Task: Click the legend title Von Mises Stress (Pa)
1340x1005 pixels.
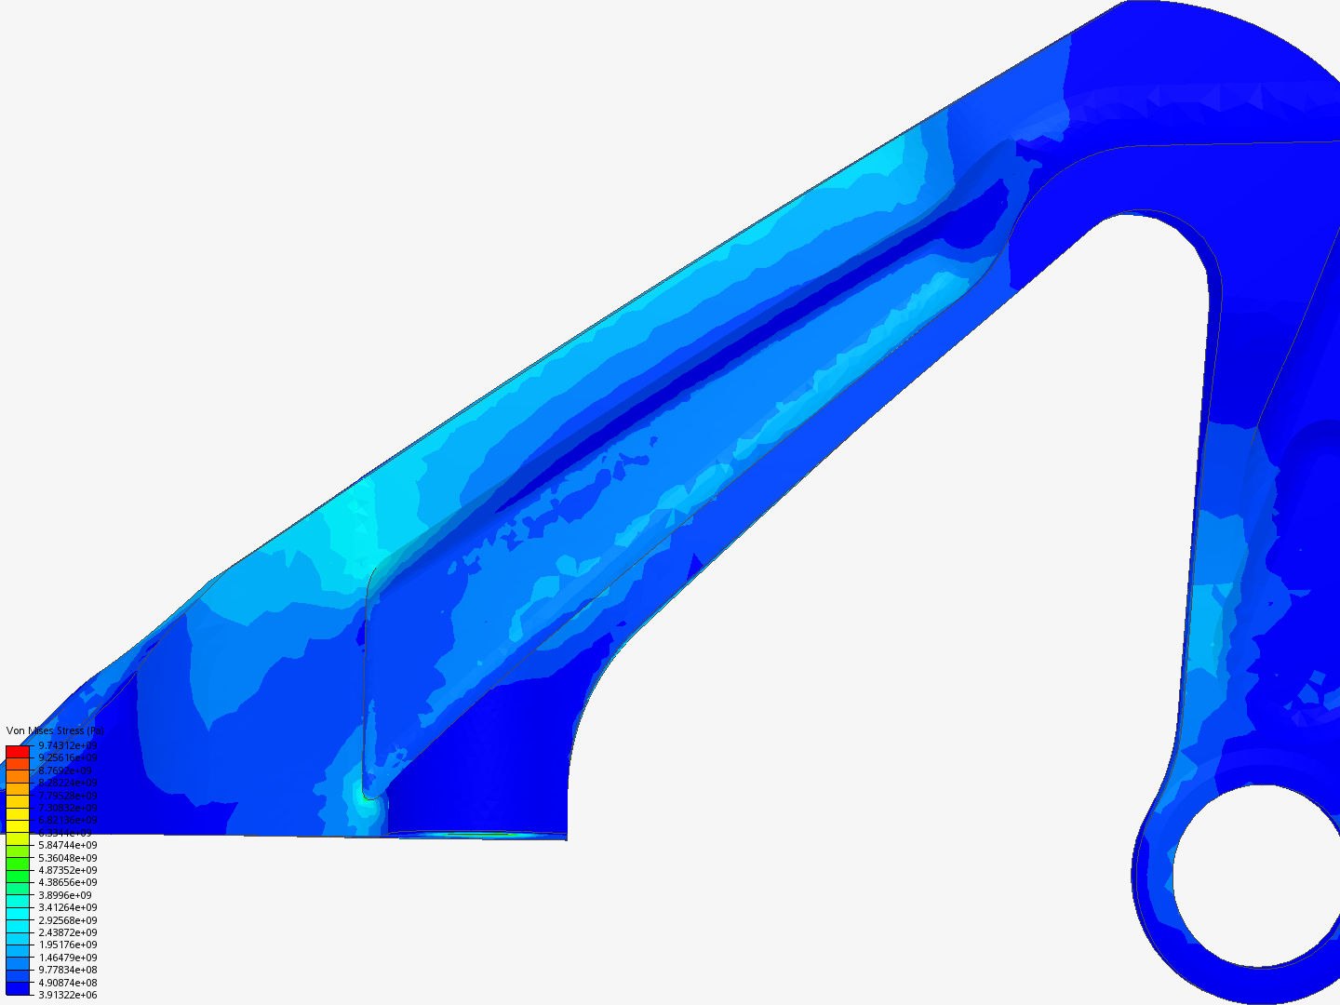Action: pyautogui.click(x=54, y=730)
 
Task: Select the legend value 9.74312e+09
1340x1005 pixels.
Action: pyautogui.click(x=67, y=746)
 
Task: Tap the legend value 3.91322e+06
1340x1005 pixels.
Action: pyautogui.click(x=67, y=995)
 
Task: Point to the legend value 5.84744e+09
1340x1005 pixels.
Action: pyautogui.click(x=67, y=845)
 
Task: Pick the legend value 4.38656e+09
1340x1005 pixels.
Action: pyautogui.click(x=67, y=882)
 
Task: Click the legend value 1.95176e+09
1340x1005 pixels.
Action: pyautogui.click(x=67, y=945)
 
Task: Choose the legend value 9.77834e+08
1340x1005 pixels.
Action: pyautogui.click(x=67, y=970)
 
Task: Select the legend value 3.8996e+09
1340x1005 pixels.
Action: pyautogui.click(x=64, y=895)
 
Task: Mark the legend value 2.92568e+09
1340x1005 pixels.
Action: pyautogui.click(x=67, y=920)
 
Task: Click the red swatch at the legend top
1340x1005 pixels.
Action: pyautogui.click(x=18, y=751)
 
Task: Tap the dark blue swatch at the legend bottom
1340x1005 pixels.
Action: pyautogui.click(x=18, y=989)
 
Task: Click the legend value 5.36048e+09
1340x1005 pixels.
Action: pyautogui.click(x=67, y=858)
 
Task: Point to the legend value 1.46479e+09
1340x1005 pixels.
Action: pyautogui.click(x=67, y=958)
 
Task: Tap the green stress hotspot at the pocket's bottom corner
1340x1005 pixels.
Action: pyautogui.click(x=365, y=797)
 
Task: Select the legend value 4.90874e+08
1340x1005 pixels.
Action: pyautogui.click(x=67, y=983)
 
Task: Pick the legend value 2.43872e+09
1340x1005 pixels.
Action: pyautogui.click(x=67, y=932)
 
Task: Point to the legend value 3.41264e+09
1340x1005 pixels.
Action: pyautogui.click(x=67, y=907)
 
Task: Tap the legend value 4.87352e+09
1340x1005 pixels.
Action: pyautogui.click(x=67, y=870)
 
